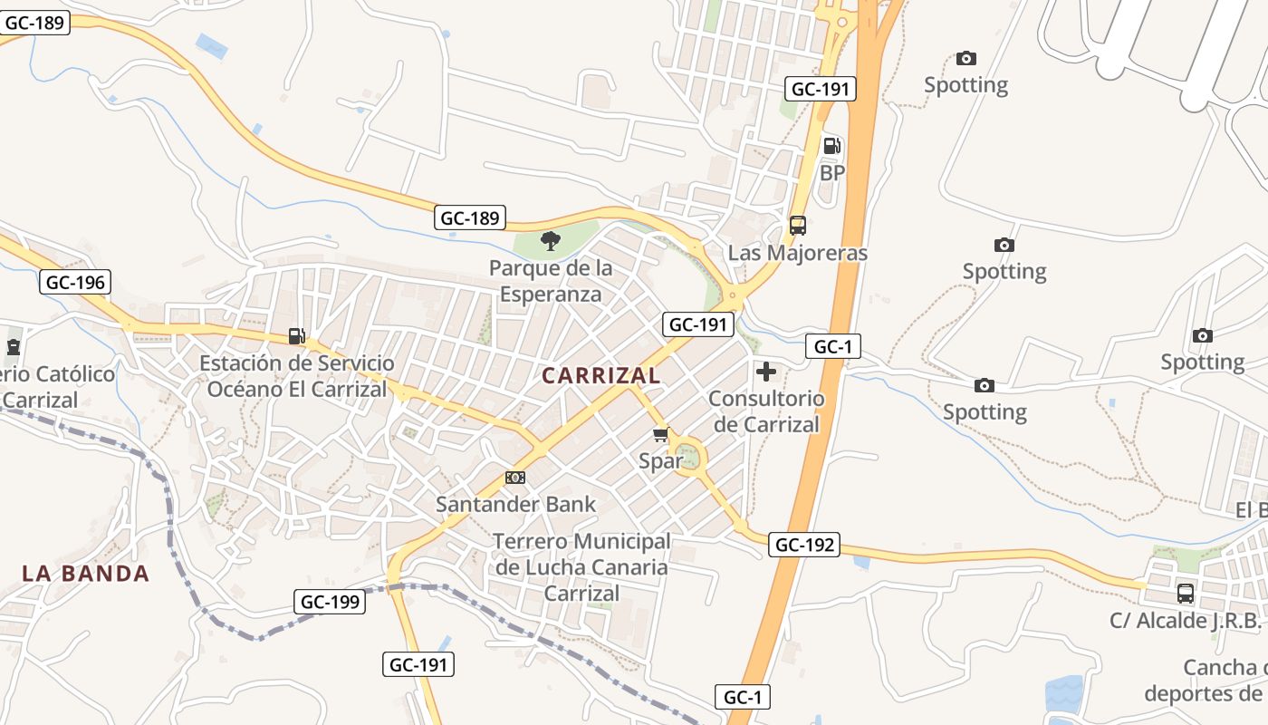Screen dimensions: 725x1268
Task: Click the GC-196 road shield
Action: pyautogui.click(x=75, y=282)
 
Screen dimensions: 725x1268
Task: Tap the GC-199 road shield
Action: pyautogui.click(x=330, y=601)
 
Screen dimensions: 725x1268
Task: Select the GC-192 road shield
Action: pyautogui.click(x=804, y=545)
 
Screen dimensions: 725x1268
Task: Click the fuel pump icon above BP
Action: pyautogui.click(x=831, y=145)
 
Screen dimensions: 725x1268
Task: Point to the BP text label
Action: pyautogui.click(x=831, y=172)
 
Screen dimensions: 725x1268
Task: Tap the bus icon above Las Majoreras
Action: pyautogui.click(x=797, y=226)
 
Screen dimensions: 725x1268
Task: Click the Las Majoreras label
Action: pyautogui.click(x=797, y=253)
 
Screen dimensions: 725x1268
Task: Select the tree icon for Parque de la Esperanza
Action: pyautogui.click(x=550, y=240)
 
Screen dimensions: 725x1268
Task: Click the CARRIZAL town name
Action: pyautogui.click(x=600, y=374)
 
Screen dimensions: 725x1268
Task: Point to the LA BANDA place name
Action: pyautogui.click(x=86, y=573)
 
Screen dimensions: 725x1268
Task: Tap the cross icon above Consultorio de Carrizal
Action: pyautogui.click(x=766, y=371)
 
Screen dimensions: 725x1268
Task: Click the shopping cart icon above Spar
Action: pyautogui.click(x=661, y=435)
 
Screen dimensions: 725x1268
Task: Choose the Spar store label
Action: pyautogui.click(x=660, y=460)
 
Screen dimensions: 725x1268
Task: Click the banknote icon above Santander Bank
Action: pyautogui.click(x=515, y=478)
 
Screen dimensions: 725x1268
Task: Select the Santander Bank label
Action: pyautogui.click(x=516, y=504)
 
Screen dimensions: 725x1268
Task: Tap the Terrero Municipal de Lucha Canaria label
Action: pyautogui.click(x=581, y=567)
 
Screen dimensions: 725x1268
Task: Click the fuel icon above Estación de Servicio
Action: pyautogui.click(x=296, y=336)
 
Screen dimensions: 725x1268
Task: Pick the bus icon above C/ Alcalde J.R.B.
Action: pyautogui.click(x=1185, y=594)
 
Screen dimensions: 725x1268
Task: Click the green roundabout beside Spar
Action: pyautogui.click(x=690, y=455)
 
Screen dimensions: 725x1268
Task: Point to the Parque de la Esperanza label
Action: pyautogui.click(x=551, y=281)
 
